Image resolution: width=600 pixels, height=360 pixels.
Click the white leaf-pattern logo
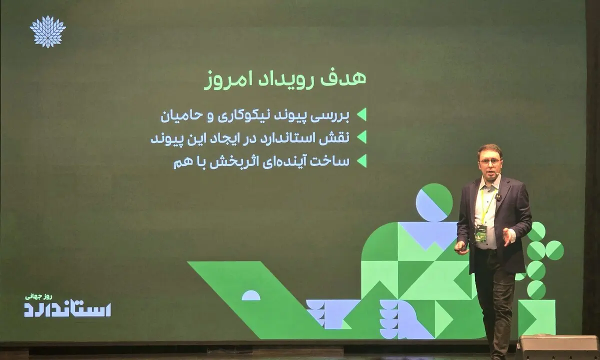click(x=47, y=31)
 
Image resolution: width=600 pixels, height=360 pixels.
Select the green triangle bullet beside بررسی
click(x=361, y=114)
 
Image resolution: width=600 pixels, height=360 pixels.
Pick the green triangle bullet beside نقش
click(x=361, y=137)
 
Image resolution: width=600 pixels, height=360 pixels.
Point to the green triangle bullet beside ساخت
click(x=361, y=160)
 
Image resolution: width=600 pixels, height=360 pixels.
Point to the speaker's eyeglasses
click(x=490, y=161)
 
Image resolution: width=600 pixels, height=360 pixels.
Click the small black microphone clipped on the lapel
click(x=497, y=197)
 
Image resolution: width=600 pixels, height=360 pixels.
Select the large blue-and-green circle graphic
click(x=434, y=202)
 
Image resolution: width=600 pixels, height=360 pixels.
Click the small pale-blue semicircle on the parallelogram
click(x=251, y=295)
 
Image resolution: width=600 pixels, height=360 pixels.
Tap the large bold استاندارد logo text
click(x=67, y=309)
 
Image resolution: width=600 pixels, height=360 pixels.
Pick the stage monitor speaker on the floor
click(x=558, y=347)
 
